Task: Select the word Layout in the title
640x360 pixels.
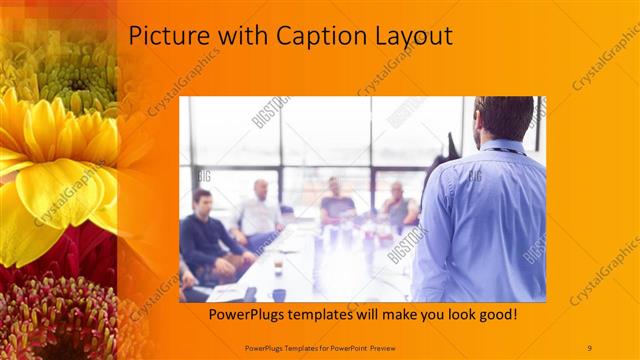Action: [x=410, y=37]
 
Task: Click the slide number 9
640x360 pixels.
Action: [x=590, y=347]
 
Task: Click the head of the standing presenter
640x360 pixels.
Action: [x=503, y=118]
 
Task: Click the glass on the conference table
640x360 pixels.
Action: [x=278, y=264]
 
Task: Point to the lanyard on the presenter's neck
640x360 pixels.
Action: [x=505, y=150]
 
